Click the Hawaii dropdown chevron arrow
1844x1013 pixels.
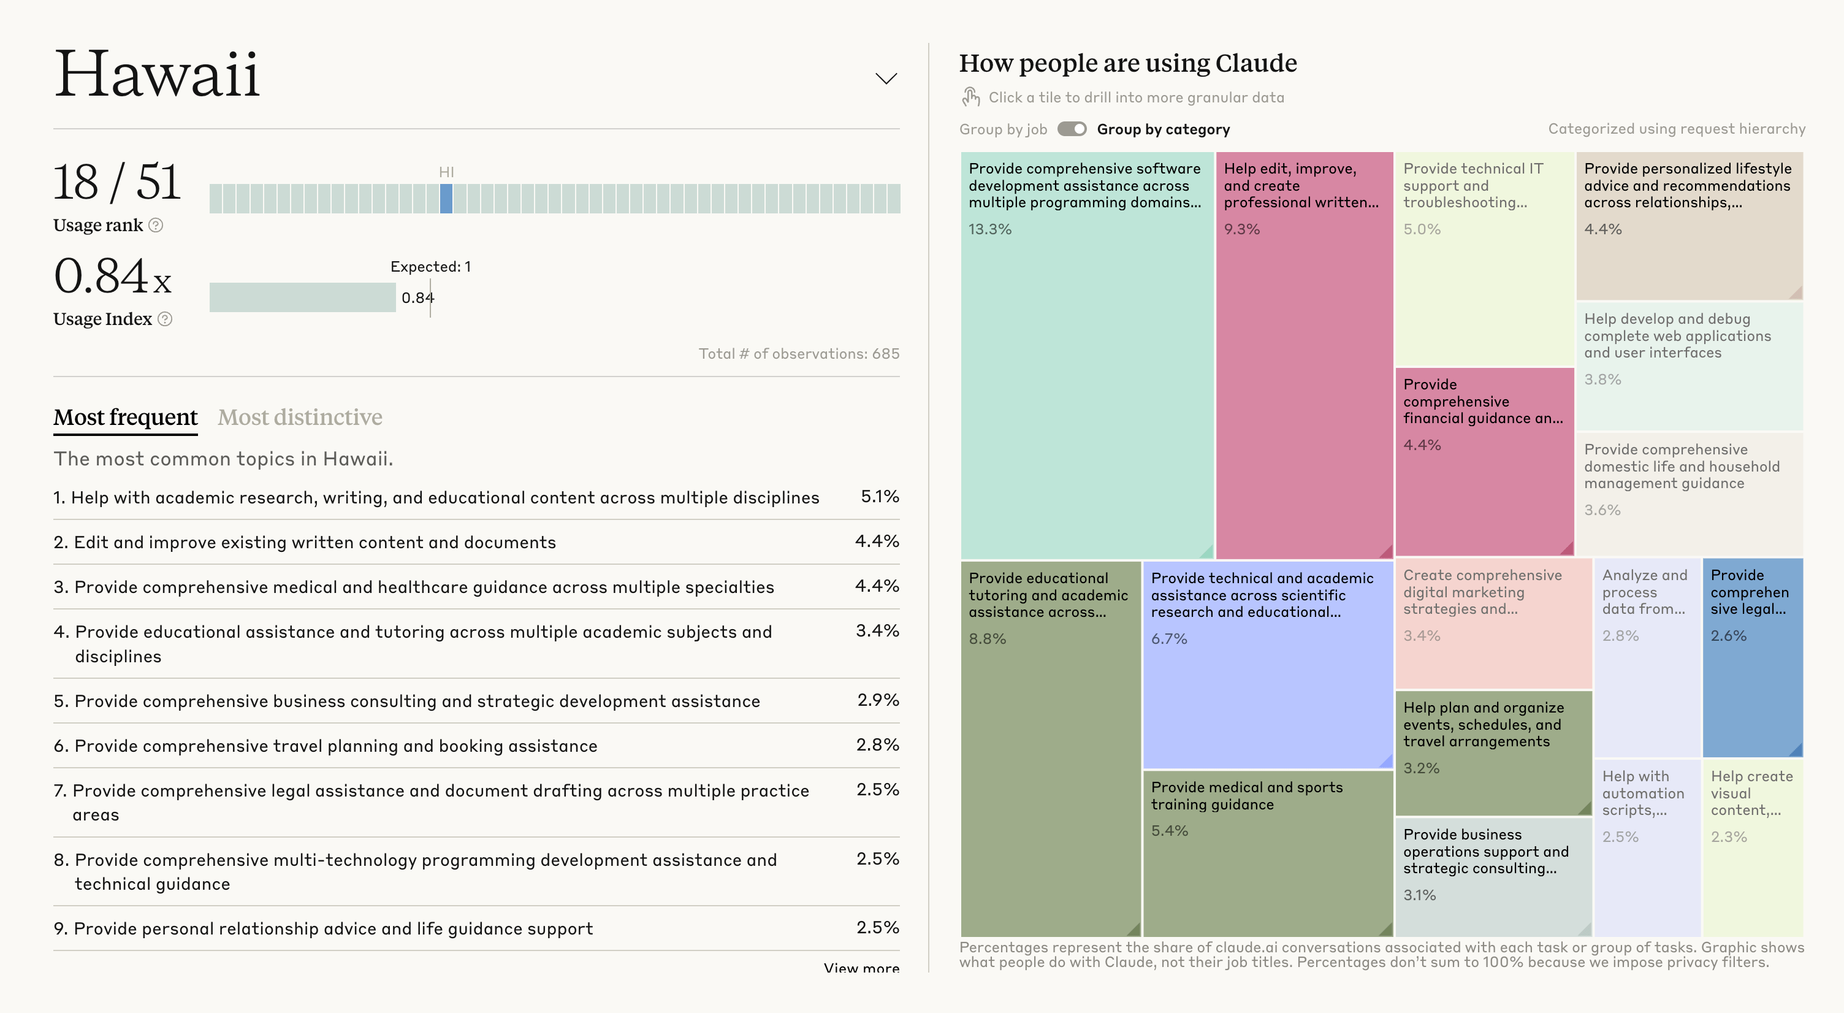point(886,78)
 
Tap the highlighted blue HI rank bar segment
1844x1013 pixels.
point(446,198)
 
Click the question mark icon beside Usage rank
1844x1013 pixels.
point(156,226)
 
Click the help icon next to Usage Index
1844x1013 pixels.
point(165,319)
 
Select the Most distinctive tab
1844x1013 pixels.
point(300,418)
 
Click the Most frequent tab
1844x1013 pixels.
point(125,418)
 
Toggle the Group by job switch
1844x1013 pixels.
point(1072,129)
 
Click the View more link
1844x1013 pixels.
point(861,968)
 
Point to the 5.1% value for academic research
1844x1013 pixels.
point(880,497)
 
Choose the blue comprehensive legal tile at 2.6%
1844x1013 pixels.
point(1751,659)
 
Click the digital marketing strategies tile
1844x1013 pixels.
point(1493,623)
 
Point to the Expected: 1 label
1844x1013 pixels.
point(430,267)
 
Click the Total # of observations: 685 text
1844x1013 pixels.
point(798,354)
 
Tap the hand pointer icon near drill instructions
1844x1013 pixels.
point(970,97)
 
